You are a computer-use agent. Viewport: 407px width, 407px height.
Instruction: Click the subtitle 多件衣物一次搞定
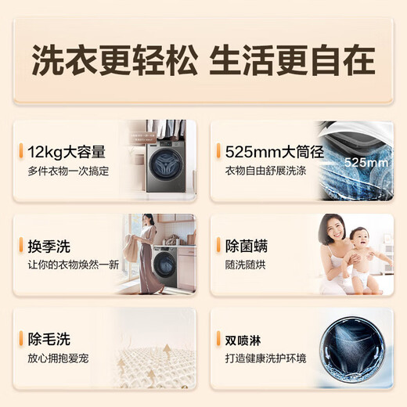pyautogui.click(x=68, y=171)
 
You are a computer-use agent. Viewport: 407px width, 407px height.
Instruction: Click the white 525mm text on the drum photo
pyautogui.click(x=366, y=163)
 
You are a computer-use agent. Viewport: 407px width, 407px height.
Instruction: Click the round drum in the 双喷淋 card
pyautogui.click(x=352, y=350)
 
